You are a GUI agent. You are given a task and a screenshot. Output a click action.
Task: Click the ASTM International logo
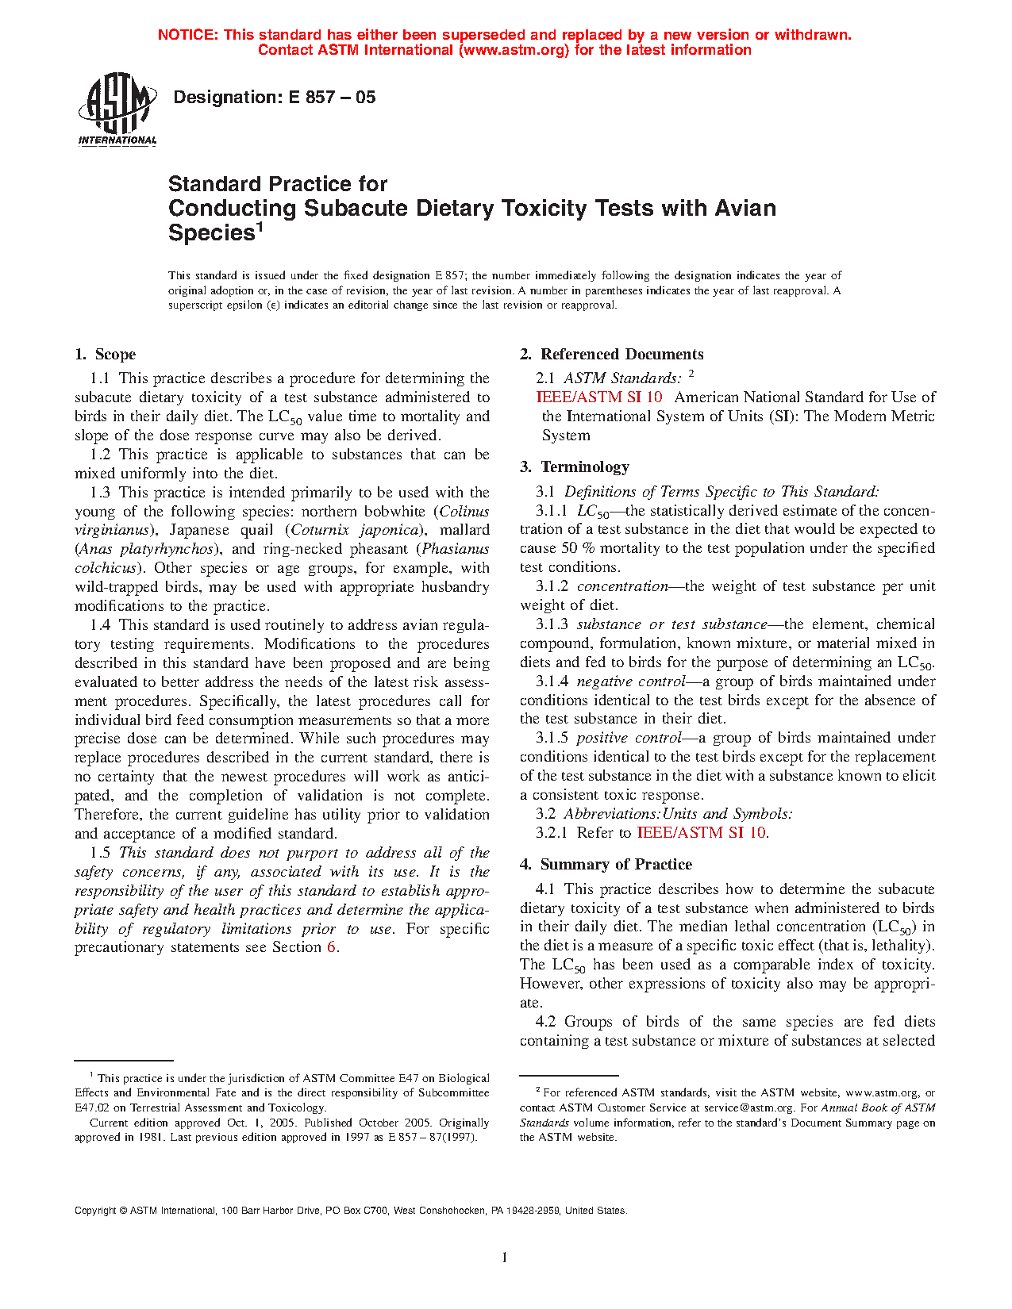[x=117, y=109]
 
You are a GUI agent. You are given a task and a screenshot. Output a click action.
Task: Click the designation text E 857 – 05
[x=274, y=98]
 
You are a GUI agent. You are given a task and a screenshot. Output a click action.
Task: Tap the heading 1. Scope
[x=106, y=355]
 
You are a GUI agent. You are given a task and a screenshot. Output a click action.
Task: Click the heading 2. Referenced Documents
[x=612, y=355]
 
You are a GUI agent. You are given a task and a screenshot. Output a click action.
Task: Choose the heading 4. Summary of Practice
[x=606, y=865]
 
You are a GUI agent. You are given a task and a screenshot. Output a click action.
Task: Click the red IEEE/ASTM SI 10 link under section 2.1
[x=599, y=397]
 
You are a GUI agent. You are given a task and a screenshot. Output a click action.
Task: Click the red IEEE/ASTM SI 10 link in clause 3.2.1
[x=702, y=833]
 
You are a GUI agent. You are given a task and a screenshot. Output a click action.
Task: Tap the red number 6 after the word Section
[x=332, y=947]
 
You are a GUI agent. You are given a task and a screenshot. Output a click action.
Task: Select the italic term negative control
[x=630, y=681]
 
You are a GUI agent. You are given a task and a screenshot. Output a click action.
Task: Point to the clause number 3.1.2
[x=552, y=586]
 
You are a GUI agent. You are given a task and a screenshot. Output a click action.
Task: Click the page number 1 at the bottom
[x=505, y=1257]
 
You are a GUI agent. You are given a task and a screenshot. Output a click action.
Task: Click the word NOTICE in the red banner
[x=187, y=35]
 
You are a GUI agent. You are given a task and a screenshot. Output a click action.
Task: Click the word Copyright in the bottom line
[x=95, y=1211]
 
